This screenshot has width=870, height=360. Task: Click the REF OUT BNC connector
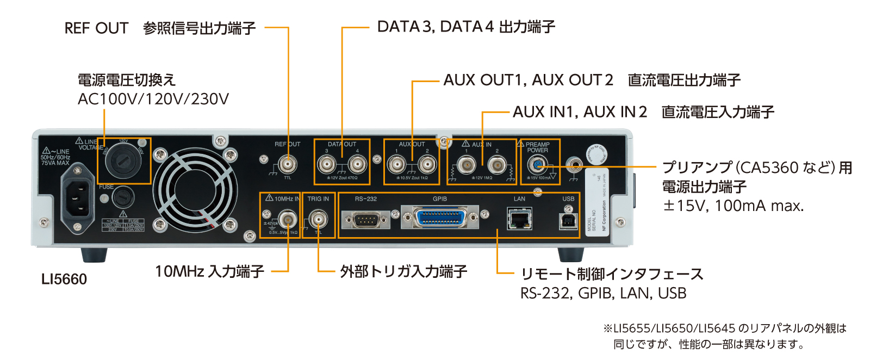[x=288, y=164]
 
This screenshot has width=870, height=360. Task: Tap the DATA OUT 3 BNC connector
[x=327, y=164]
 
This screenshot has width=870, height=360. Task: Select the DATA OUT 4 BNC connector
[x=357, y=164]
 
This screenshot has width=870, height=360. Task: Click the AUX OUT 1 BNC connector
[x=396, y=164]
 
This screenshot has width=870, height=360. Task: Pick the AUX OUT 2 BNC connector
[x=427, y=164]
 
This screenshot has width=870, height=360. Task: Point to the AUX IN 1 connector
[x=466, y=164]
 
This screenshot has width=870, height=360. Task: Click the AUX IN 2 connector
[x=497, y=164]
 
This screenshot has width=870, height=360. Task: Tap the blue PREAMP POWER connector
[x=537, y=164]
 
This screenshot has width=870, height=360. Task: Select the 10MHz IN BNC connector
[x=287, y=220]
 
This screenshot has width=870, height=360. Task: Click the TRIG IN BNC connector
[x=318, y=220]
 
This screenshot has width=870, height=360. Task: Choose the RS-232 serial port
[x=365, y=220]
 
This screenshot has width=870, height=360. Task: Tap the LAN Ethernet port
[x=519, y=220]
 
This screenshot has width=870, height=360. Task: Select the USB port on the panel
[x=568, y=220]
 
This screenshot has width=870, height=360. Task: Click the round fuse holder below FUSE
[x=123, y=197]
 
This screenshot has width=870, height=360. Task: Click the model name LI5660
[x=64, y=280]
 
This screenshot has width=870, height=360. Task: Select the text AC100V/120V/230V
[x=153, y=99]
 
